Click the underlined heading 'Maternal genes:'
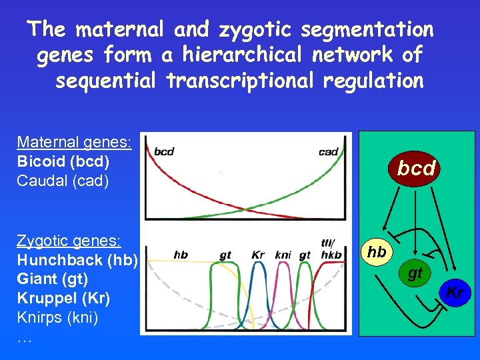74,142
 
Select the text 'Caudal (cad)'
63,181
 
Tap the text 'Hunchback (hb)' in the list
77,260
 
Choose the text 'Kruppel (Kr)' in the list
63,298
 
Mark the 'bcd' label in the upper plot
164,151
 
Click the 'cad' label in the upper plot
328,151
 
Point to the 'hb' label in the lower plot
180,255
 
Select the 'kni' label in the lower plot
283,255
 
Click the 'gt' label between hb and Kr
225,255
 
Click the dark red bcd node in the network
416,168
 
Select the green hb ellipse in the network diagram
377,253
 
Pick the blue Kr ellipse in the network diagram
455,292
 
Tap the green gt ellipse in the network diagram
415,273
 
